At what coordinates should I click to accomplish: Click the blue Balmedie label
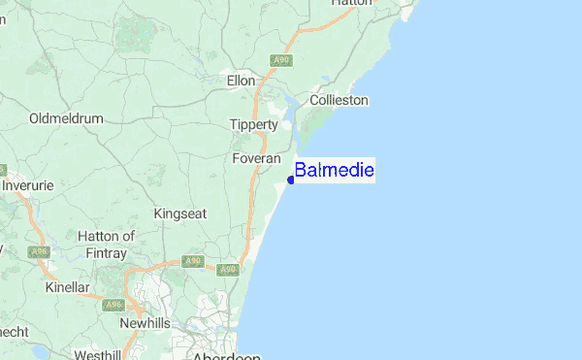pos(334,171)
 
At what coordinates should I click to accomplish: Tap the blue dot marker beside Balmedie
pos(291,180)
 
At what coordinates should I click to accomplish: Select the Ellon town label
pos(240,82)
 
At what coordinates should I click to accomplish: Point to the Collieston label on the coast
pos(339,100)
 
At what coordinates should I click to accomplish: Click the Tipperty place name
pos(254,124)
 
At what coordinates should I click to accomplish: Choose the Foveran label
pos(257,157)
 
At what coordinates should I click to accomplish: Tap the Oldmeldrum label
pos(67,118)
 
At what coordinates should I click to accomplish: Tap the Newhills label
pos(145,322)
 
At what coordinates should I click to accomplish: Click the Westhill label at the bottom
pos(97,355)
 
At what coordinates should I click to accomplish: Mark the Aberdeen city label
pos(227,356)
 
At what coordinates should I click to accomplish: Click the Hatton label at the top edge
pos(351,3)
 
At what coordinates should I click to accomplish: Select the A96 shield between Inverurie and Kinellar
pos(39,252)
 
